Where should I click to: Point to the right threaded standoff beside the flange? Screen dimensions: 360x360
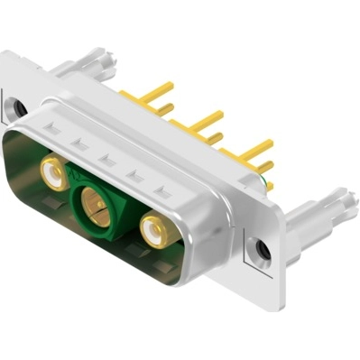(316, 217)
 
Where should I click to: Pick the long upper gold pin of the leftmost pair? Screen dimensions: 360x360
(157, 91)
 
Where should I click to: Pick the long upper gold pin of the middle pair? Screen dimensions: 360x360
(206, 117)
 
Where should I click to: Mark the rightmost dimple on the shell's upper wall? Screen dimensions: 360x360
(162, 192)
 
